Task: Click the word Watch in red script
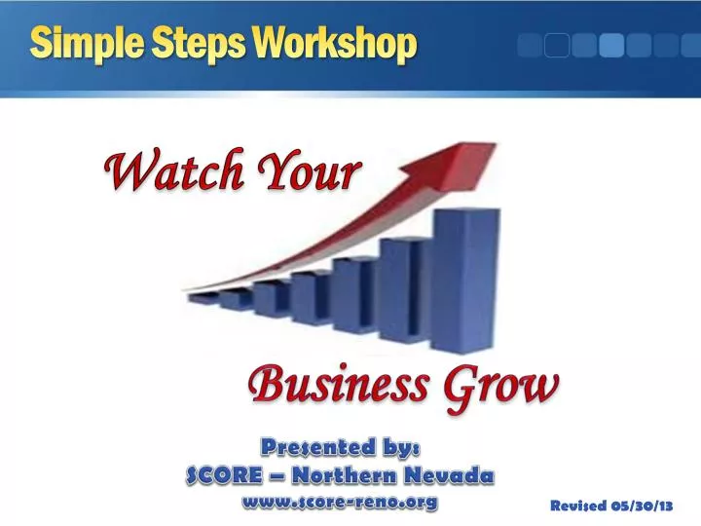(x=173, y=173)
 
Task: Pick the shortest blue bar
(x=202, y=299)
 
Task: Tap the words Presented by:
(x=340, y=447)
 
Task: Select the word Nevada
(x=449, y=475)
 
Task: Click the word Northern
(x=345, y=475)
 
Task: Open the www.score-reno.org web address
(x=340, y=503)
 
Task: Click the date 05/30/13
(x=644, y=506)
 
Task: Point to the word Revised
(x=579, y=506)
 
